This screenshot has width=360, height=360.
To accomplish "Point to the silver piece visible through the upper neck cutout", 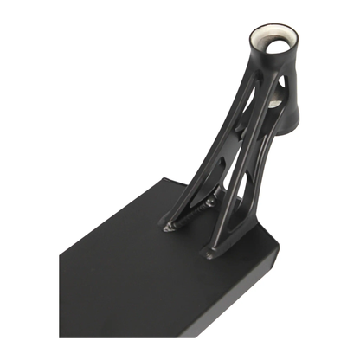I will pos(273,103).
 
